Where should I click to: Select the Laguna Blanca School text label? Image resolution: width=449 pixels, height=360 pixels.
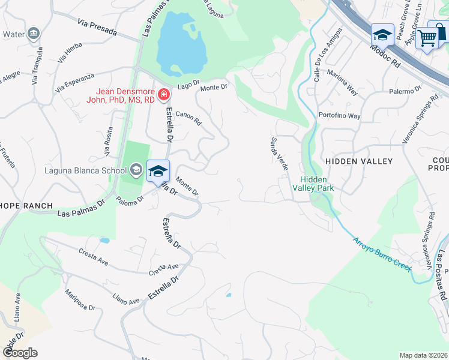pos(85,170)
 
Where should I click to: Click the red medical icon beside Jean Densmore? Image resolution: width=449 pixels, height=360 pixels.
pos(163,94)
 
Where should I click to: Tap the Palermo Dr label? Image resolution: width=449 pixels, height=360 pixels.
pos(405,91)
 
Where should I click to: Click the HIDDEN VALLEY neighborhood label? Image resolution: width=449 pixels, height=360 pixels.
pos(358,161)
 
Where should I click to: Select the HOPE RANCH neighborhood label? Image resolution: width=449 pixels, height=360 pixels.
pos(26,205)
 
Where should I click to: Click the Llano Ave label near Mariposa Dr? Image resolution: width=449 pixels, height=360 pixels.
pos(125,297)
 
